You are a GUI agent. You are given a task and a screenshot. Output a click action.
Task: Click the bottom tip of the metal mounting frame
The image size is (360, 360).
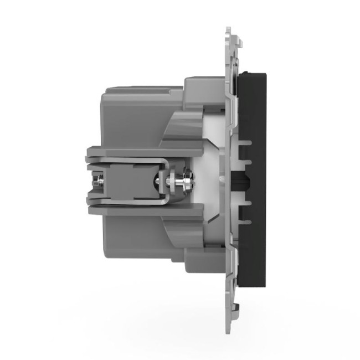pos(233,334)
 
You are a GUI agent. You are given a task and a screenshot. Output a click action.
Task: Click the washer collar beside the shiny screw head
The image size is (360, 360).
pos(169,179)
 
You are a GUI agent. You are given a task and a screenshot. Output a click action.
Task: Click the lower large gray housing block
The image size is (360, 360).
pos(133,249)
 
